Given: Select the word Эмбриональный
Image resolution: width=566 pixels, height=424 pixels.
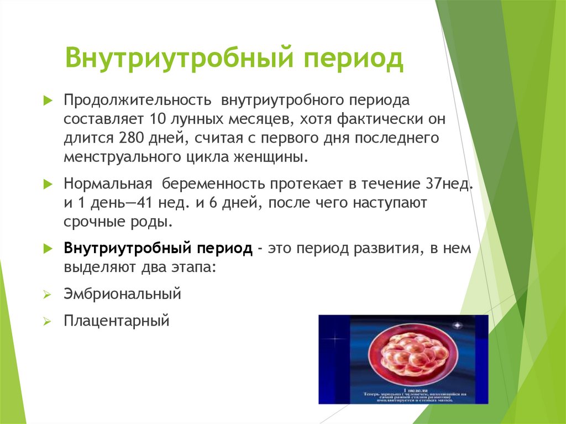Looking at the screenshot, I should [x=122, y=294].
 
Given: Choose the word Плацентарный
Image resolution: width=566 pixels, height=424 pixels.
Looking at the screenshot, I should [x=116, y=320].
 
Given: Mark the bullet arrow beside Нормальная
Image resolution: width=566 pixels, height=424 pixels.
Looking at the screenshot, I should [x=48, y=184].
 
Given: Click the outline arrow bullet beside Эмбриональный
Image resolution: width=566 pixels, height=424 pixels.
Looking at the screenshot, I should [x=48, y=294].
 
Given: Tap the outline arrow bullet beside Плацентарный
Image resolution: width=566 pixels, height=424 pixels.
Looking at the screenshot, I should [x=48, y=321].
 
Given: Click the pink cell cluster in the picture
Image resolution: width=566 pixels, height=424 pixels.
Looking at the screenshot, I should [x=407, y=357].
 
